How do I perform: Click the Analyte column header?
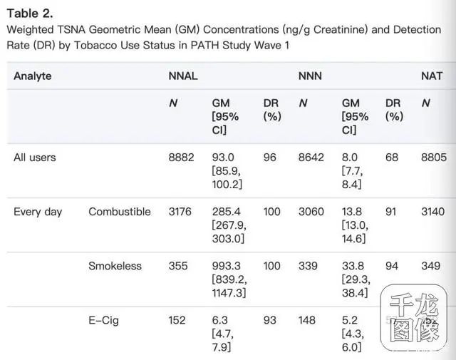(33, 76)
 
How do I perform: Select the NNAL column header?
(184, 76)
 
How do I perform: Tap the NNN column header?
(311, 76)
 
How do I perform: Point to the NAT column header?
(432, 76)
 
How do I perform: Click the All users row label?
(34, 157)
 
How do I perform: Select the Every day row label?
(38, 212)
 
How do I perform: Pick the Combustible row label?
(120, 212)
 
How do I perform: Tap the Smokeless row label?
(115, 266)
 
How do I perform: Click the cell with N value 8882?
(181, 157)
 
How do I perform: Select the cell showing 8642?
(311, 157)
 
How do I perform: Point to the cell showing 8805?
(435, 157)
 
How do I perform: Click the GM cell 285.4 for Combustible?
(228, 212)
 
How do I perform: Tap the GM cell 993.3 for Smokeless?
(228, 266)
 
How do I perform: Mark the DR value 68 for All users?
(392, 157)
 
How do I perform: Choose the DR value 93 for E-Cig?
(269, 320)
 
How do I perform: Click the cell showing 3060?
(311, 212)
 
